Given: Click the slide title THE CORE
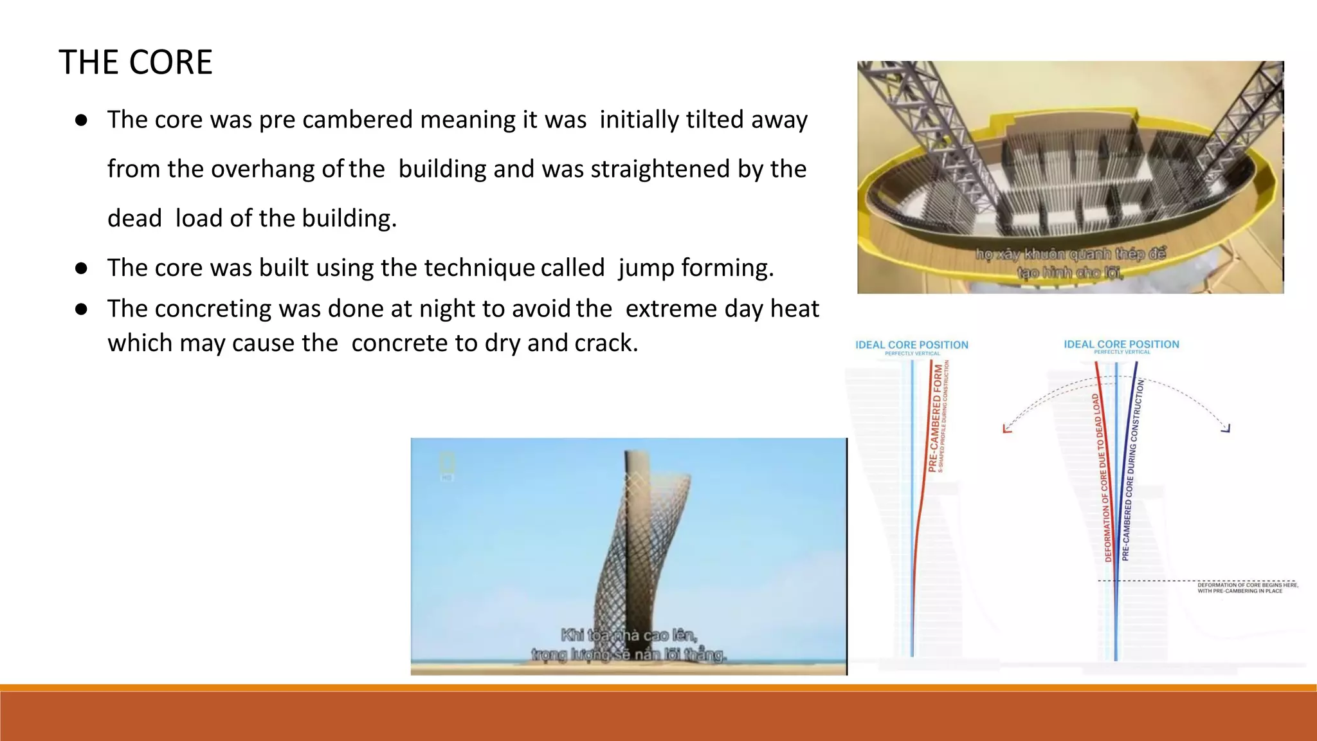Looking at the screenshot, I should click(x=136, y=62).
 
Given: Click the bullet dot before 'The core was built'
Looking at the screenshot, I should click(x=81, y=268).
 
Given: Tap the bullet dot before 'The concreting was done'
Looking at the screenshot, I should click(x=81, y=309).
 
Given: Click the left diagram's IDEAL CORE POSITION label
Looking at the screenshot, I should click(x=911, y=345).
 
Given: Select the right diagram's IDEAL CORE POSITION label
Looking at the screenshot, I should click(x=1122, y=344).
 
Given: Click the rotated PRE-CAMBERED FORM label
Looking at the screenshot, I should click(x=936, y=418).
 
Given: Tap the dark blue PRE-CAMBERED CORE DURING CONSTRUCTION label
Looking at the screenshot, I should click(x=1132, y=470).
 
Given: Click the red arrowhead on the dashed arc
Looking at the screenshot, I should click(x=1007, y=428).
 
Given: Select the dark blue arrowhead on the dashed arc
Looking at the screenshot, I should click(x=1226, y=428).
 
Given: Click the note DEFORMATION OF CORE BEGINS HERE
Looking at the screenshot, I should click(x=1247, y=585).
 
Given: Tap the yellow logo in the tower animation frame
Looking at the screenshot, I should click(x=447, y=462).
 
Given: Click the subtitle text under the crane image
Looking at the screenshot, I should click(x=1070, y=262).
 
